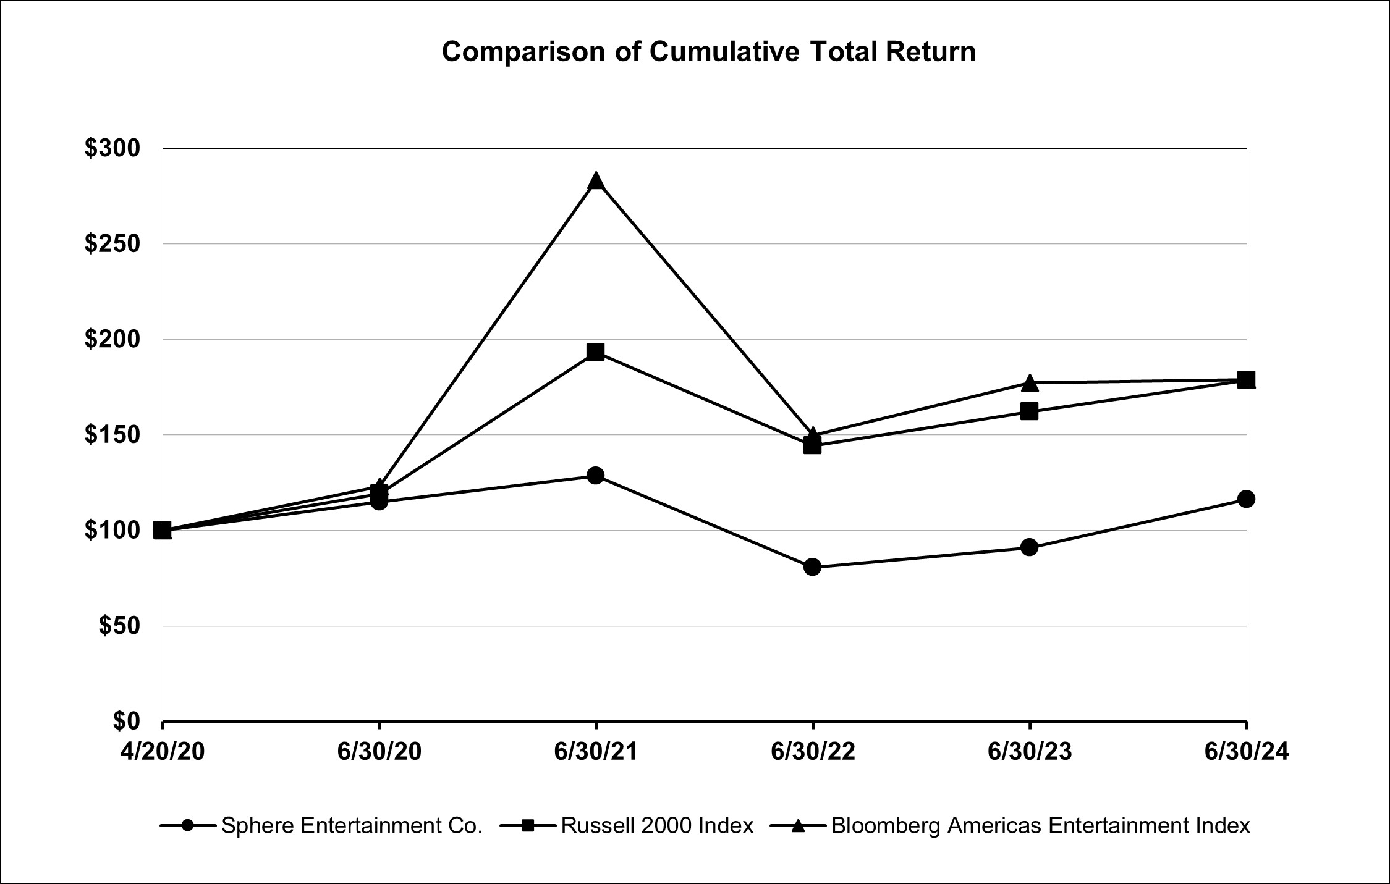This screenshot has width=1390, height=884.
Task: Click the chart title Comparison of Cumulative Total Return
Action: tap(708, 52)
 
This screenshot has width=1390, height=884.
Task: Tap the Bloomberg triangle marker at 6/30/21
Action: tap(596, 181)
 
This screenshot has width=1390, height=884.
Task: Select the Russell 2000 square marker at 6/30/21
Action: tap(596, 352)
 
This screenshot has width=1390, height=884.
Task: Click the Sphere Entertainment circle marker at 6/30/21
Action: tap(596, 475)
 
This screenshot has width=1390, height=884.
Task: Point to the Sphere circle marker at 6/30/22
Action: tap(812, 567)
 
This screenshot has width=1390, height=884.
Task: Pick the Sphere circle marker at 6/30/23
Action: tap(1029, 547)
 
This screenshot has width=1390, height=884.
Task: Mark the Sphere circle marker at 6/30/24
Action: tap(1246, 499)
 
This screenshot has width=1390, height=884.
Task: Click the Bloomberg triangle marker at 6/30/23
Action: tap(1029, 383)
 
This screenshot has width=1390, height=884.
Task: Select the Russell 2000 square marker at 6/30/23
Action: tap(1029, 411)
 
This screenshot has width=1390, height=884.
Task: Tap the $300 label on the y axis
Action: tap(112, 149)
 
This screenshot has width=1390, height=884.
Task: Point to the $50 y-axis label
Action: tap(119, 626)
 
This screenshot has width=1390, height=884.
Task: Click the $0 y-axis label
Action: tap(126, 721)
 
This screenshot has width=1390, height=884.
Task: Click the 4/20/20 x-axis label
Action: tap(163, 752)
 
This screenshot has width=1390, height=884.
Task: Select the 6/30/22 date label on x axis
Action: tap(812, 752)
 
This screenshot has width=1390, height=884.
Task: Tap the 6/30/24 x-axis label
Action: tap(1246, 752)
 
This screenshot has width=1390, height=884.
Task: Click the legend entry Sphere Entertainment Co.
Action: tap(351, 825)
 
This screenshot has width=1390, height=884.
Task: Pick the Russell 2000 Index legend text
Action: tap(657, 825)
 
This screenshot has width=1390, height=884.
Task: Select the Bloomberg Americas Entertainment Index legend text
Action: tap(1040, 825)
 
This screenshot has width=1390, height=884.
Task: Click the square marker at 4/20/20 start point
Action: tap(163, 530)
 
